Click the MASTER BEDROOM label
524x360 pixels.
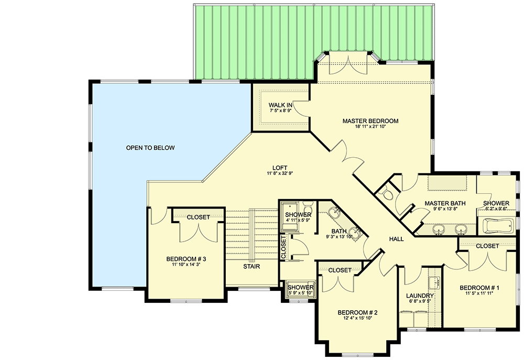[370, 121]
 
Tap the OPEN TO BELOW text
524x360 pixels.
[150, 148]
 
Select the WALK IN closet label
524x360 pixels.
[280, 105]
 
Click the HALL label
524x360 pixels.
[396, 238]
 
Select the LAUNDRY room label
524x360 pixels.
[420, 295]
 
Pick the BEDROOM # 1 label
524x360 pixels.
[479, 288]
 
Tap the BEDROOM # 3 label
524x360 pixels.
[186, 259]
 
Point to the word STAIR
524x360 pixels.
[251, 266]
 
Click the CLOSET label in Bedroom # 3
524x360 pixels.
[198, 217]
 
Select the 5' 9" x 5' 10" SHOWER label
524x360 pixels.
[300, 288]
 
